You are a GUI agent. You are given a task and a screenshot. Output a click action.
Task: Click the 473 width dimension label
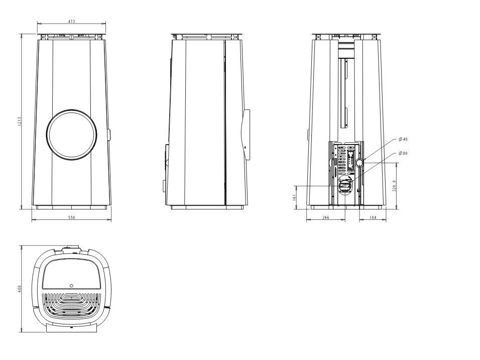click(71, 22)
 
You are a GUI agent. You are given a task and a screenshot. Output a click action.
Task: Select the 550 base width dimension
click(71, 217)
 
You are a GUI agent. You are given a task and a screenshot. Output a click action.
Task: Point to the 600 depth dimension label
click(19, 288)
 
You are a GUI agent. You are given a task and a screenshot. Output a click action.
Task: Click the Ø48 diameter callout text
click(403, 139)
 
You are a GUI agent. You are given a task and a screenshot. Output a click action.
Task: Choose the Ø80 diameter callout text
click(403, 153)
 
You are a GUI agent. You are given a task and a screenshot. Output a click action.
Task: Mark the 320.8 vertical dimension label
click(394, 186)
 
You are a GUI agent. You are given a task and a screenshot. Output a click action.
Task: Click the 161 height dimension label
click(295, 197)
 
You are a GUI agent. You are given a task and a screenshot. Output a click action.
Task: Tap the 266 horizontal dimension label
click(326, 217)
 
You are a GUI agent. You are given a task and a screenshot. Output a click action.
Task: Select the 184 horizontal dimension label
click(373, 217)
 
